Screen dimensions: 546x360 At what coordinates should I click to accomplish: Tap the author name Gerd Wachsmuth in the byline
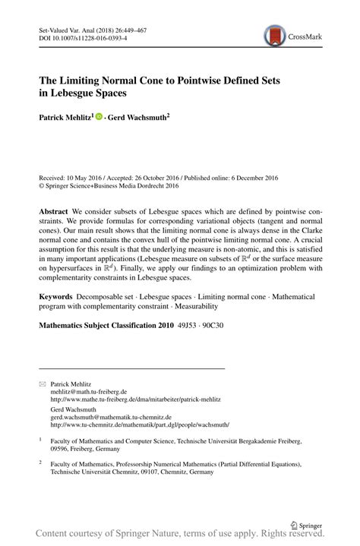tap(139, 118)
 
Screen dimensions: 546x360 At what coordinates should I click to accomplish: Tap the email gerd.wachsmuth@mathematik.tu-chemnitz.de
tap(111, 417)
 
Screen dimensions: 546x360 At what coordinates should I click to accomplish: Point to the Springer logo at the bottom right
tap(307, 523)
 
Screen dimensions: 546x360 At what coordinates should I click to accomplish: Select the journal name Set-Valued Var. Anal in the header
tap(67, 28)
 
